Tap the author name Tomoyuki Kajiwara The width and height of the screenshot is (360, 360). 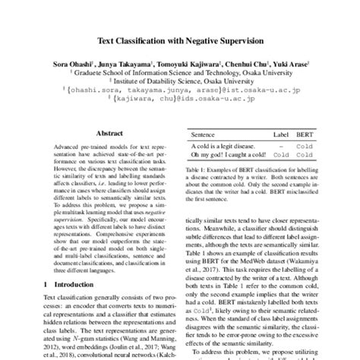click(x=190, y=62)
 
